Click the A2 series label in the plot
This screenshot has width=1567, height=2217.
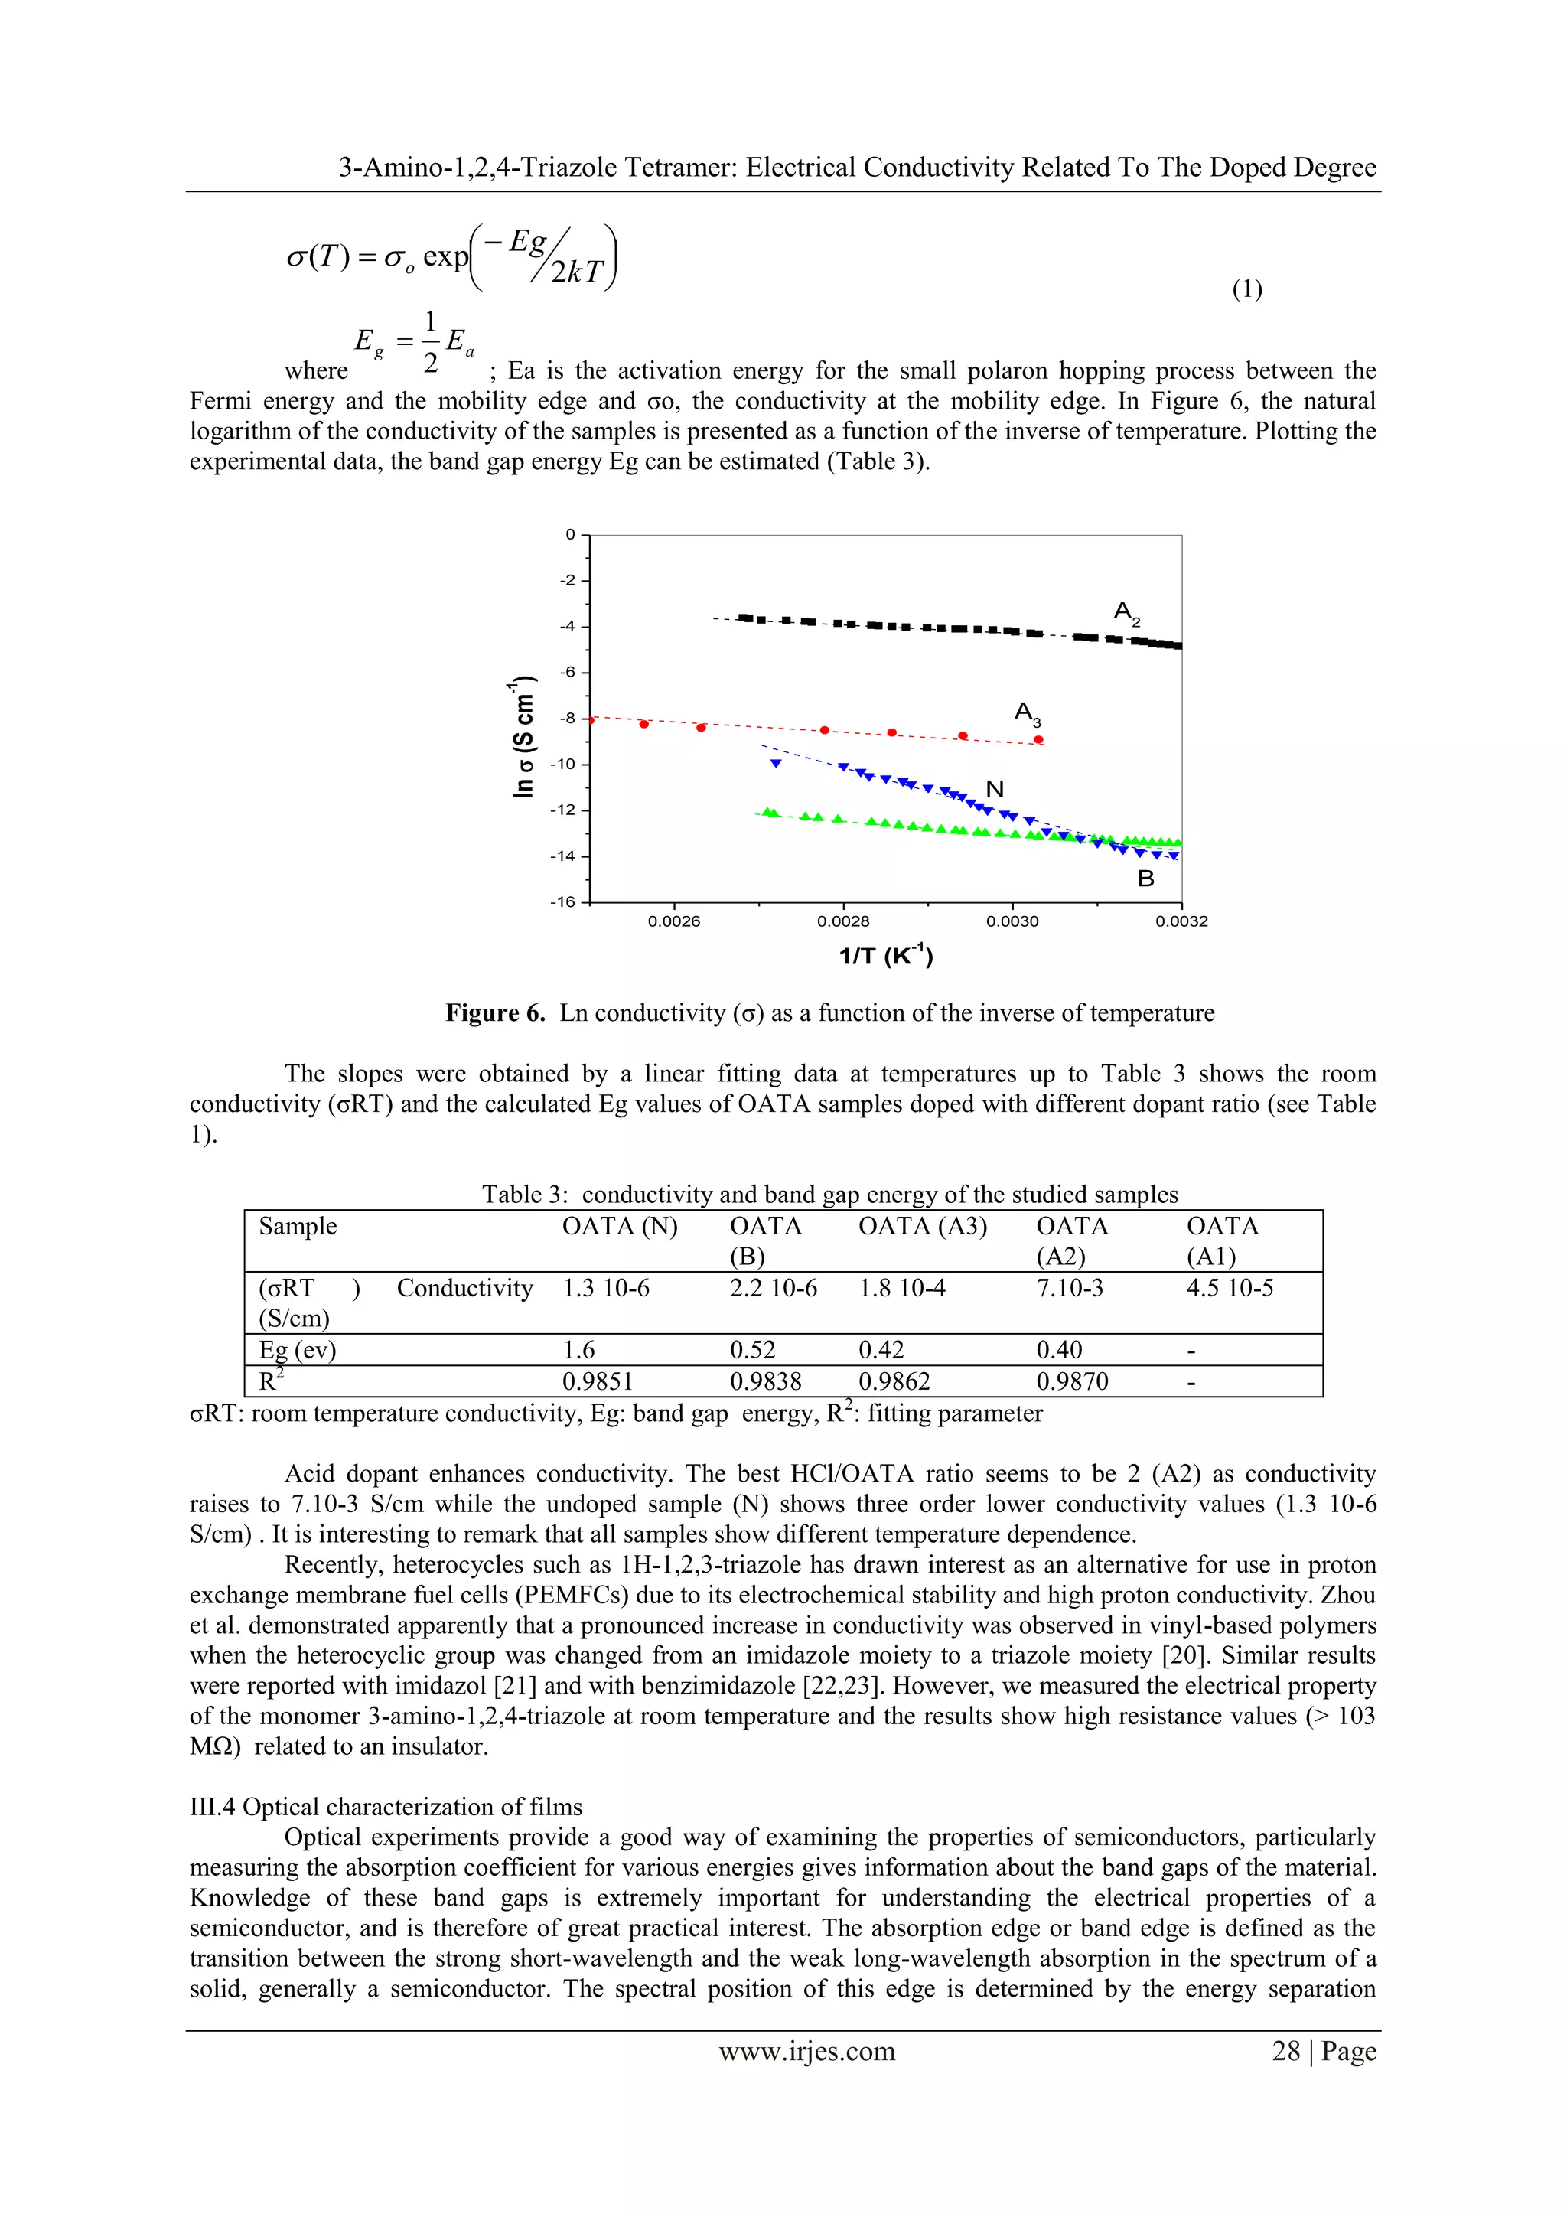pyautogui.click(x=1126, y=613)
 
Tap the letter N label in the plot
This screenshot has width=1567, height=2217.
pyautogui.click(x=995, y=790)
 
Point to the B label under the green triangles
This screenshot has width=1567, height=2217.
pyautogui.click(x=1146, y=879)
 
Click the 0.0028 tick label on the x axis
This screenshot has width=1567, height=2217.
pyautogui.click(x=843, y=922)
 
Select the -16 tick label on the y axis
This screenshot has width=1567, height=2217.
pyautogui.click(x=562, y=901)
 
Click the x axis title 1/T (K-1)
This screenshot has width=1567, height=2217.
pyautogui.click(x=885, y=956)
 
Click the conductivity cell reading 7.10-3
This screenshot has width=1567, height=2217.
pyautogui.click(x=1069, y=1288)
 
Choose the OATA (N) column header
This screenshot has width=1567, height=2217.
pyautogui.click(x=620, y=1226)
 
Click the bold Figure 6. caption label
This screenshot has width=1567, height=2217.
pyautogui.click(x=495, y=1013)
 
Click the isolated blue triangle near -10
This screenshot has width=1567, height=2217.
pyautogui.click(x=774, y=764)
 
